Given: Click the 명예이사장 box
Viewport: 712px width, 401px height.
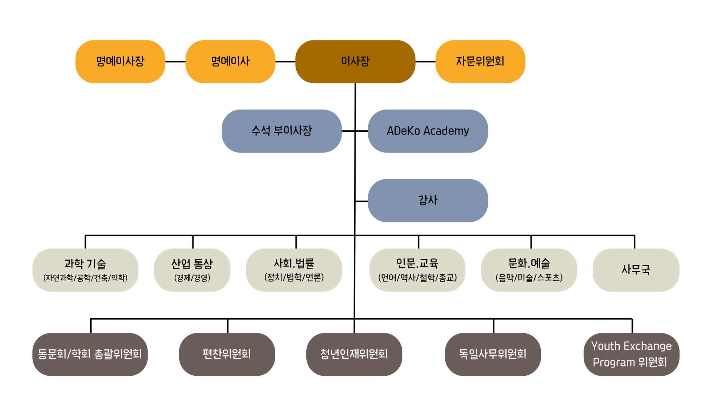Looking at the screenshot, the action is point(120,62).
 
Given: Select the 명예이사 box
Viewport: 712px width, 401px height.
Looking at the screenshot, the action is point(230,62).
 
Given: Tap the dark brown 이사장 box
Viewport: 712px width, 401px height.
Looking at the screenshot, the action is point(355,62).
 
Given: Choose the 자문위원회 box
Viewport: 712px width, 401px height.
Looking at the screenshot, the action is point(480,62).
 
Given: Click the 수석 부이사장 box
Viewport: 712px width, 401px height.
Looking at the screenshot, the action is point(281,131).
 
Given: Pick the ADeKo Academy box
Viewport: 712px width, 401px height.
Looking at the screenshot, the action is point(428,131).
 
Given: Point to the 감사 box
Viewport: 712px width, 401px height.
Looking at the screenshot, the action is point(428,200).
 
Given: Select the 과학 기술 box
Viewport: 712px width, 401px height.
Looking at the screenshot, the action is point(85,270).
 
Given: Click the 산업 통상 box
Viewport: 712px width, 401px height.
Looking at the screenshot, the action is point(192,270).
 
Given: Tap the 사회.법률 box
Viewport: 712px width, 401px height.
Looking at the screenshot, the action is point(294,270).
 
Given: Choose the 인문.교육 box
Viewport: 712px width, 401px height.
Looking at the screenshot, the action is point(417,270).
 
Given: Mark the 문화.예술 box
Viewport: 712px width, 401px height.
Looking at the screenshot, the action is point(529,270).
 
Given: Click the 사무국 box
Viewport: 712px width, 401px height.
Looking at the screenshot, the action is point(636,270).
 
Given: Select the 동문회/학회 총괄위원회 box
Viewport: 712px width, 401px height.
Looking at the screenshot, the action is point(90,354).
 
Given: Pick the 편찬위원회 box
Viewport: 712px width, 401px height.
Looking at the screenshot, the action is point(227,354).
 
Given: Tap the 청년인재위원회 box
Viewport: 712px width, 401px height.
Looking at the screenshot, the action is point(354,354).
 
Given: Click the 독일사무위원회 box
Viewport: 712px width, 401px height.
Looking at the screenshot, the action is point(493,354).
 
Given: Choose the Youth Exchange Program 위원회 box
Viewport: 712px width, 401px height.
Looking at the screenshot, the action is point(632,354).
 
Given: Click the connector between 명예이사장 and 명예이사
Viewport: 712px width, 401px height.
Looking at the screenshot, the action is point(175,62).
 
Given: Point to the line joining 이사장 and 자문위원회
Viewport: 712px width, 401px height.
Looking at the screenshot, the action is point(425,62).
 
